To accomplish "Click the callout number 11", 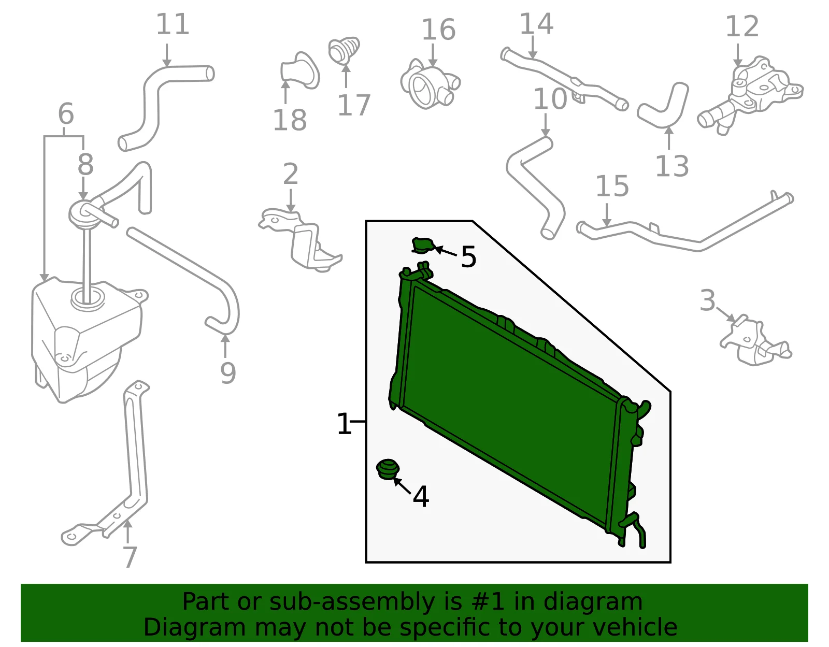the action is [173, 24].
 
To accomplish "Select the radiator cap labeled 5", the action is [423, 245].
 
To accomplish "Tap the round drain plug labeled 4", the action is [388, 469].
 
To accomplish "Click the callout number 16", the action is [438, 30].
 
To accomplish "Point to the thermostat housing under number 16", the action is [430, 84].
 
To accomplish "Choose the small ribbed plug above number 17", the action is [344, 50].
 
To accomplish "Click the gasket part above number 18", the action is [300, 70].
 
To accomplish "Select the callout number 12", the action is [741, 26].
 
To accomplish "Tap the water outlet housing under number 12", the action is [750, 95].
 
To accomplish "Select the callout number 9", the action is [228, 373].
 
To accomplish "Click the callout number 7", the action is [130, 557].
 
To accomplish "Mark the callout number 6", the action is [66, 113].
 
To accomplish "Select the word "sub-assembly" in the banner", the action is [351, 601].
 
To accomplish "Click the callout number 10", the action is [550, 99].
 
